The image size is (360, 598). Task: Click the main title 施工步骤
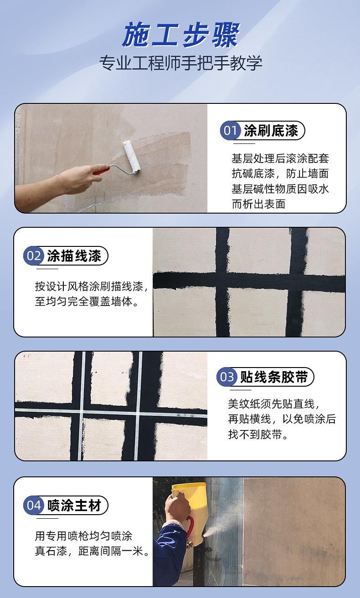pos(180,36)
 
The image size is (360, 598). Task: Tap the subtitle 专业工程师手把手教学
pos(180,63)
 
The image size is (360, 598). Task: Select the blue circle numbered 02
pos(33,256)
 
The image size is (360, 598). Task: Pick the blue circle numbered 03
pos(226,377)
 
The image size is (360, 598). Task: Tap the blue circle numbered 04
pos(33,505)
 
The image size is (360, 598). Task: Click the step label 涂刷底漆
pos(271,131)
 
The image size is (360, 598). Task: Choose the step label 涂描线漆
pos(74,256)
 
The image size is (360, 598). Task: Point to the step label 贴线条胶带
pos(273,377)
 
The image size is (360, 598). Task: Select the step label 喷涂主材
pos(74,505)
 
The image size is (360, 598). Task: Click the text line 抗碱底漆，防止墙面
pos(280,174)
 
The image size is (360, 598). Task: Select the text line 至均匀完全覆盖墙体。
pos(87,302)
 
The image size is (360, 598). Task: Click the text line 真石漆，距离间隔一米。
pos(93,552)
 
